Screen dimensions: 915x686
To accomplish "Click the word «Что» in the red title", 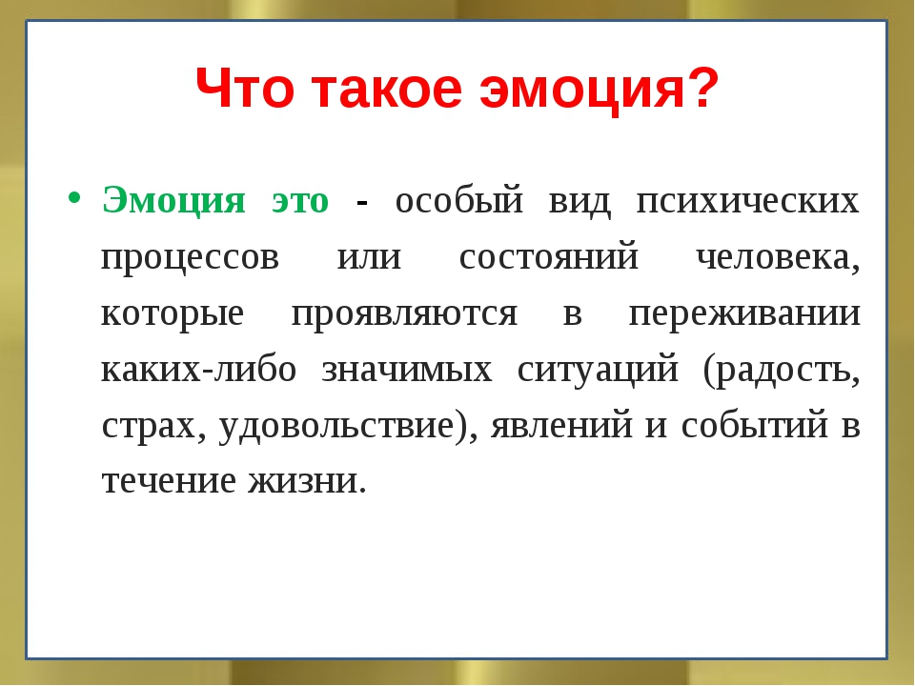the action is pyautogui.click(x=245, y=88).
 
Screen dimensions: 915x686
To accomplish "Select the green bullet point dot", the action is pyautogui.click(x=73, y=196).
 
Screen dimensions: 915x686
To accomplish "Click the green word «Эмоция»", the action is pyautogui.click(x=173, y=200).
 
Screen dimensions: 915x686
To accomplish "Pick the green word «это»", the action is pyautogui.click(x=300, y=201).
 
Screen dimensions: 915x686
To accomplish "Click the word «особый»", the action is pyautogui.click(x=459, y=200).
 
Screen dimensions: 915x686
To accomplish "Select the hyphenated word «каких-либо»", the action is pyautogui.click(x=199, y=369).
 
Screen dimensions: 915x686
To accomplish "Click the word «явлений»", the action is pyautogui.click(x=561, y=425).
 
